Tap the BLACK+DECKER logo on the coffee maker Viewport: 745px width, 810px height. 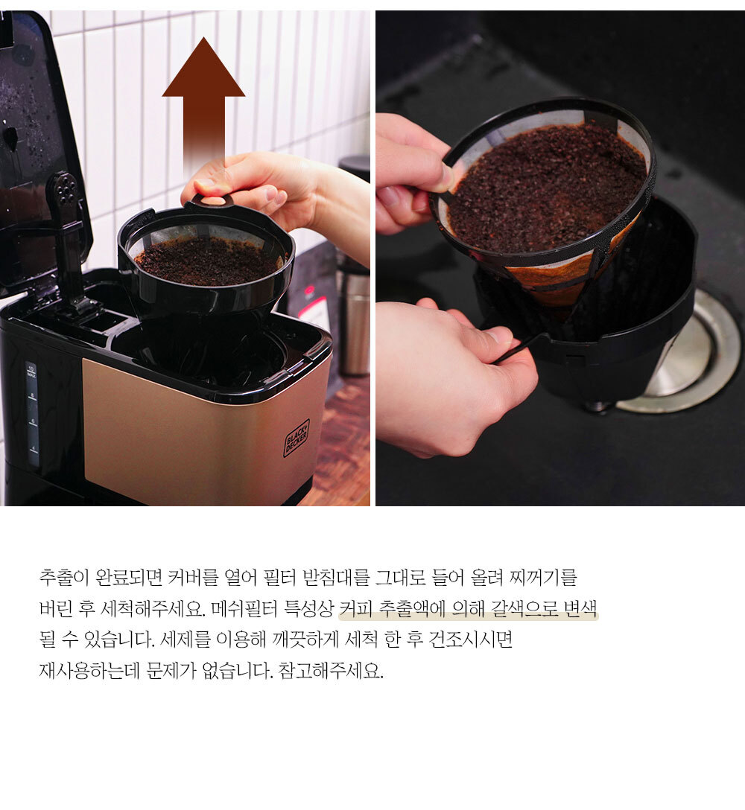click(x=297, y=438)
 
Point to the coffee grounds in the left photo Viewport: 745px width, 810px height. click(x=208, y=261)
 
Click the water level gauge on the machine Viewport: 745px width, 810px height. click(x=32, y=413)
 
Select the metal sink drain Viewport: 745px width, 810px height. click(x=688, y=351)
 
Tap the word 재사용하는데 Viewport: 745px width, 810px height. click(x=89, y=671)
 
